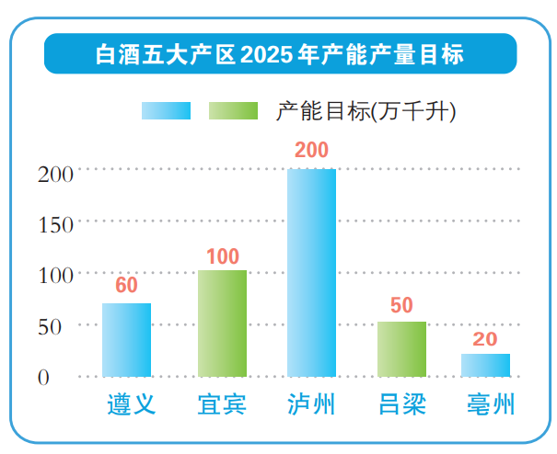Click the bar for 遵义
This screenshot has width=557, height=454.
tap(126, 339)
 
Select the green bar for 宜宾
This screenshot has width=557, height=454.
tap(222, 323)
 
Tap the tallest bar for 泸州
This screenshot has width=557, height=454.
tap(311, 272)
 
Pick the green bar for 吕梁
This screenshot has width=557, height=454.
tap(401, 348)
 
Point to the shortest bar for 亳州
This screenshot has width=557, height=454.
tap(485, 365)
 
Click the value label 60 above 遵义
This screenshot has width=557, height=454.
tap(126, 285)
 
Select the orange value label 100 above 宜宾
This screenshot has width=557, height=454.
tap(222, 256)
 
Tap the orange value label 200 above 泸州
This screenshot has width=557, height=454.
tap(311, 151)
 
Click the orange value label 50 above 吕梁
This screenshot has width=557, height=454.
tap(401, 306)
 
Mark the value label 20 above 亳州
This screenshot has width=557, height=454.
tap(485, 339)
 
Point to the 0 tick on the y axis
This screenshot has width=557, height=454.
tap(43, 377)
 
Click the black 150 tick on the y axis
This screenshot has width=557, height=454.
tap(56, 223)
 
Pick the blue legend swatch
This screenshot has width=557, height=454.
tap(166, 111)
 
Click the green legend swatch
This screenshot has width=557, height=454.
tap(234, 111)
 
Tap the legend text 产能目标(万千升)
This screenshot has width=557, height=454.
tap(366, 111)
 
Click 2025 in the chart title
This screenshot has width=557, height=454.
tap(268, 54)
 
